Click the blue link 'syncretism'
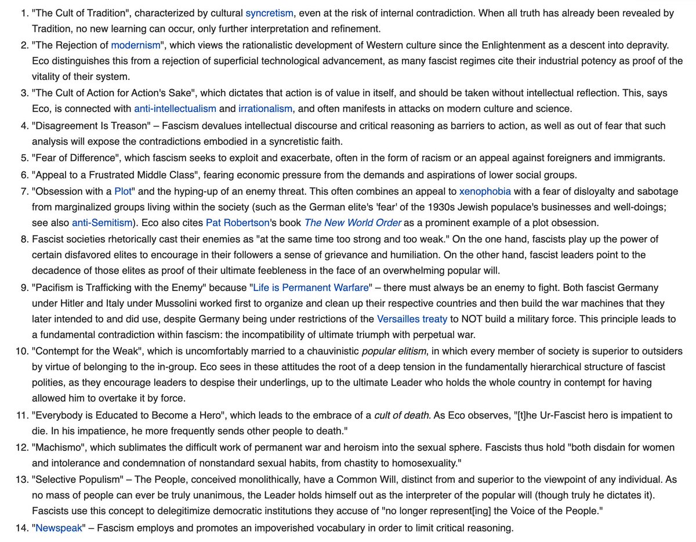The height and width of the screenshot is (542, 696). point(269,13)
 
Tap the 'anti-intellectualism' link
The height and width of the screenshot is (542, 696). point(175,108)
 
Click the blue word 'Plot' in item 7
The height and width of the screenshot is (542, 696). point(123,191)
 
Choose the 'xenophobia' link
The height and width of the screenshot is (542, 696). point(488,191)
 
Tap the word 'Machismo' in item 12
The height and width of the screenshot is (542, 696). point(56,448)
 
